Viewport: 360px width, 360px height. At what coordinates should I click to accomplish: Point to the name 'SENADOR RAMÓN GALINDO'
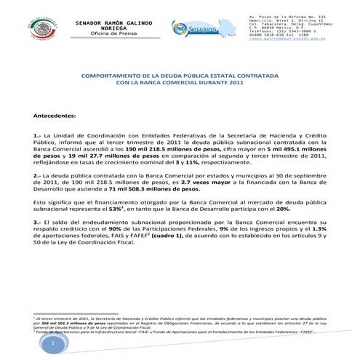coord(114,23)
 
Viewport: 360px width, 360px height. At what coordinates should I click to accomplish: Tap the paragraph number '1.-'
coord(37,135)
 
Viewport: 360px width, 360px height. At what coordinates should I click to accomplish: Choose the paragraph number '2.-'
coord(37,175)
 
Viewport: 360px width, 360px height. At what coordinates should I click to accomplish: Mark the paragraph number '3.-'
coord(37,220)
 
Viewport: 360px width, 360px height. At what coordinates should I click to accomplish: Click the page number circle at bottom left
coord(53,343)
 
